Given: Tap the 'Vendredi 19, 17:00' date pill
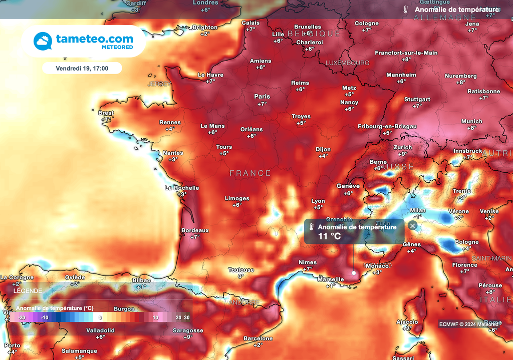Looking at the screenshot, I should [82, 68].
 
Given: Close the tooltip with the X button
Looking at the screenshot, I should [412, 226].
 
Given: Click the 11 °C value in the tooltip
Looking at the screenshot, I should [330, 236].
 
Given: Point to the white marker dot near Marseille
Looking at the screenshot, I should [354, 273].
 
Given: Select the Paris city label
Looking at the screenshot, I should [262, 96].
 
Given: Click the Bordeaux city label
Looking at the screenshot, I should [195, 230].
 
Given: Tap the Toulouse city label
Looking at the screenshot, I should [241, 269].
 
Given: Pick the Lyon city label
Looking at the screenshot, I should [318, 201].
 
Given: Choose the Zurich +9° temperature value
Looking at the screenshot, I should [403, 154].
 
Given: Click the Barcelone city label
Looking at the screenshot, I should [258, 338].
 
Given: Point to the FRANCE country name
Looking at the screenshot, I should [250, 173].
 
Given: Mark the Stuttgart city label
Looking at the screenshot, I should [417, 99].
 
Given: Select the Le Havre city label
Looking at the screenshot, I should [210, 75].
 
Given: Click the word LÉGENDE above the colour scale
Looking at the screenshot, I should [28, 290].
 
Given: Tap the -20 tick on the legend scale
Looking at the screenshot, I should [22, 317].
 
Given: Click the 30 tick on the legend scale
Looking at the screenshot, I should [186, 317].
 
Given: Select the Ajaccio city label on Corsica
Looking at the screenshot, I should [407, 322].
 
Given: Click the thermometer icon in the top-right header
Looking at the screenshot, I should [404, 9].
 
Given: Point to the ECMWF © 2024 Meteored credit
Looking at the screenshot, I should [468, 323].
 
